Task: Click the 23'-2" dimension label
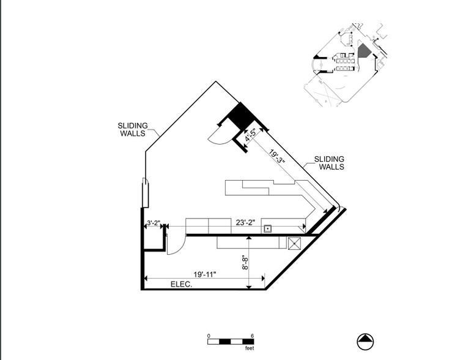point(246,223)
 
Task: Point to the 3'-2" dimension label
point(153,223)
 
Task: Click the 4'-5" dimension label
point(250,135)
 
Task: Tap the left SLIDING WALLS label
point(133,130)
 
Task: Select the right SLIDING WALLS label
point(329,163)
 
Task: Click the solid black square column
point(240,114)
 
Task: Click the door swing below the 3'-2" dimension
point(172,245)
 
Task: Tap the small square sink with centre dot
point(267,228)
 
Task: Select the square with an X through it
point(294,243)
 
